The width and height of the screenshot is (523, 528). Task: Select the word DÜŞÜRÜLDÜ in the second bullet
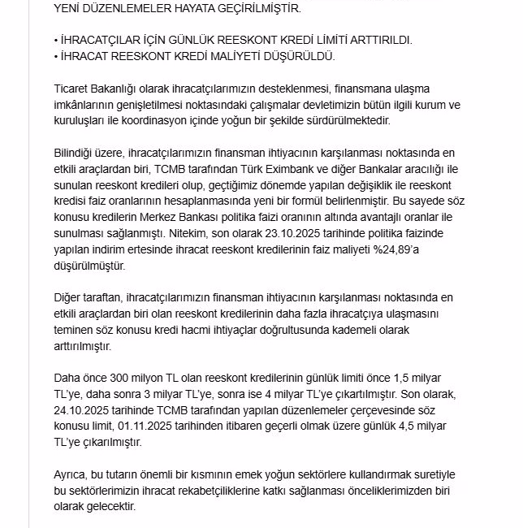click(x=298, y=56)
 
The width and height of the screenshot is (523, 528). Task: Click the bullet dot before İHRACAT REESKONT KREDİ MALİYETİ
click(x=55, y=56)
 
